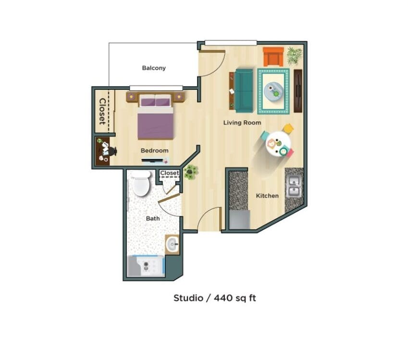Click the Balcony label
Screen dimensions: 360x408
154,68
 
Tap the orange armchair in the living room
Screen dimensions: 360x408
273,56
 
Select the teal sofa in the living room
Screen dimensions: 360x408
244,90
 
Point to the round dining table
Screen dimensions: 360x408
278,144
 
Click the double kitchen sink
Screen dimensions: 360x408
294,187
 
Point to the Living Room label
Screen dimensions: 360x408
242,123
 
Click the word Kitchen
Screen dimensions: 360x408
267,196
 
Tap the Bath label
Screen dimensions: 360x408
153,219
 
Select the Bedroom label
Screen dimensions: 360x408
154,150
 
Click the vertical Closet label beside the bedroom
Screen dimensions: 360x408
102,111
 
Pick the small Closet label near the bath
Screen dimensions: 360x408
169,173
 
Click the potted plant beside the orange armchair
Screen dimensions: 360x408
295,55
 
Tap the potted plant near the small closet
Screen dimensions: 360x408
191,172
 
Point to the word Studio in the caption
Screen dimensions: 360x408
188,298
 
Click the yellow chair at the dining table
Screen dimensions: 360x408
288,128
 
